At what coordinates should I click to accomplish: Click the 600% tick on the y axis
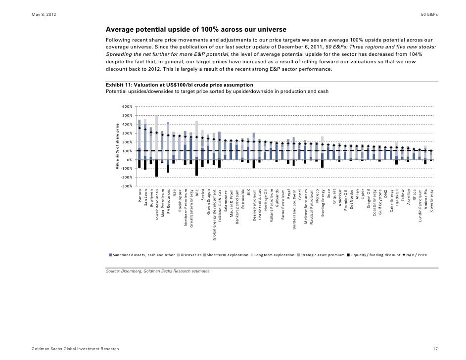[127, 106]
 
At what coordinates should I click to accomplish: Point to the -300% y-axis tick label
[127, 186]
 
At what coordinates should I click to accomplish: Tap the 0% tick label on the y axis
[129, 160]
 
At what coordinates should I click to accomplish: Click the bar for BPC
[196, 148]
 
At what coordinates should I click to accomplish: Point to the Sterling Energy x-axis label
[322, 203]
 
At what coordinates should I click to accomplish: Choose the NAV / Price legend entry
[419, 255]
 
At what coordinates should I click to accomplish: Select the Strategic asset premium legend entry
[321, 255]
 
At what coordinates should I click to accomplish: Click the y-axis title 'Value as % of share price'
[117, 147]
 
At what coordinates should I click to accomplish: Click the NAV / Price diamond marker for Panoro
[140, 128]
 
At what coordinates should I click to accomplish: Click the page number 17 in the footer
[435, 349]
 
